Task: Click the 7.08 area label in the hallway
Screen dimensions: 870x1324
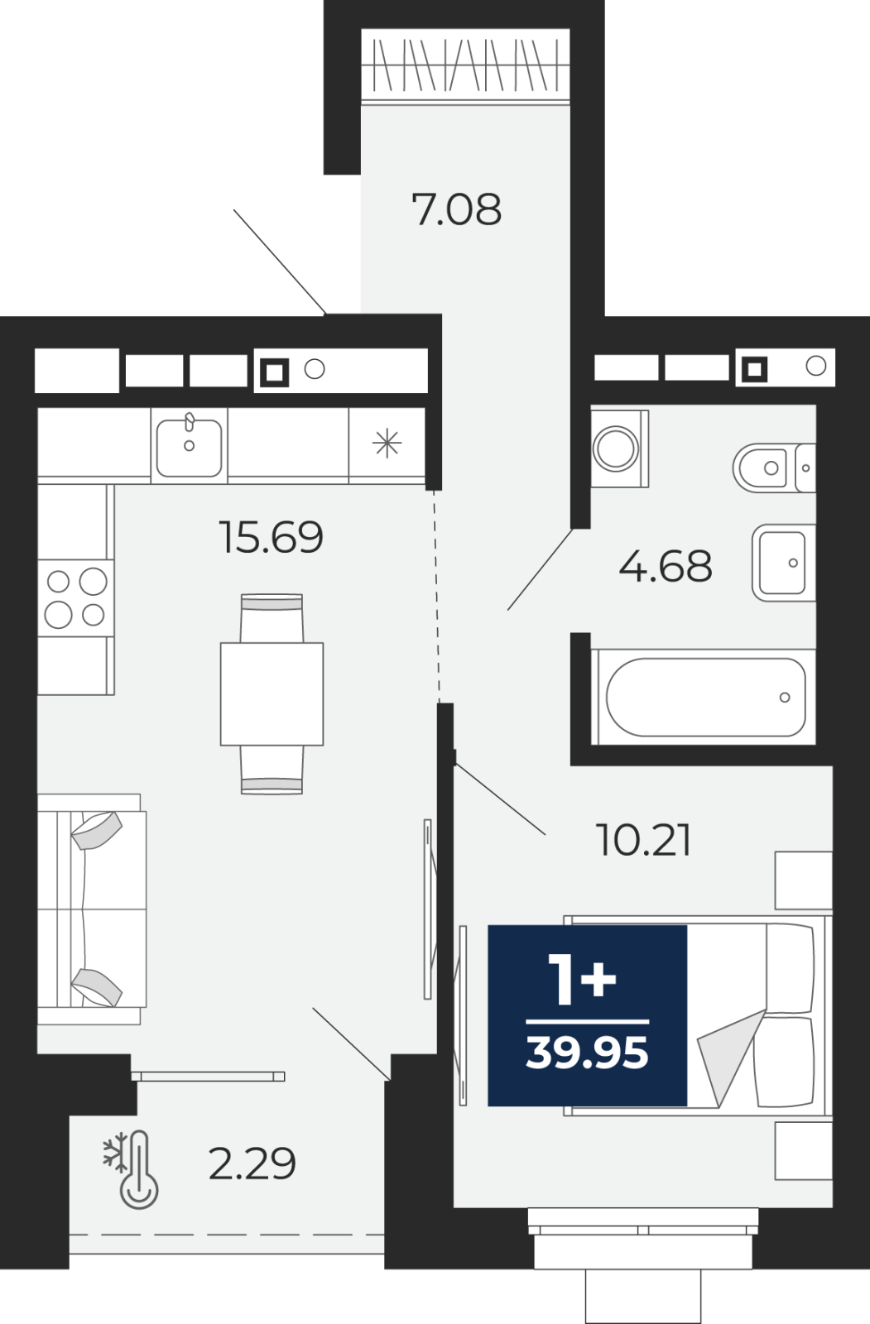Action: click(457, 209)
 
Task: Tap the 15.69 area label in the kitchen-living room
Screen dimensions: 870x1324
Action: click(271, 537)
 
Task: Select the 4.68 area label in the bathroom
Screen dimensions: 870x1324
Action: click(666, 566)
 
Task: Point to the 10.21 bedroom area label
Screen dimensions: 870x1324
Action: click(643, 841)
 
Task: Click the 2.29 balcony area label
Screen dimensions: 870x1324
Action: click(252, 1163)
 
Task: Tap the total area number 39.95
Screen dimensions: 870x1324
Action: click(587, 1053)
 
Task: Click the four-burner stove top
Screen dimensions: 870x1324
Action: click(75, 598)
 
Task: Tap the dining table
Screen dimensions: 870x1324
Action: click(272, 694)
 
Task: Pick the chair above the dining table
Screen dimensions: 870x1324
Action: click(272, 618)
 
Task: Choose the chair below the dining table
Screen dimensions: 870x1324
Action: click(272, 770)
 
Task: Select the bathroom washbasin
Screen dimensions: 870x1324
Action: click(784, 563)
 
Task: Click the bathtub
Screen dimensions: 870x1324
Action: click(704, 697)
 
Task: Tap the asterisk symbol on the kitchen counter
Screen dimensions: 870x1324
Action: click(387, 444)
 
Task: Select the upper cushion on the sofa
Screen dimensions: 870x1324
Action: click(96, 830)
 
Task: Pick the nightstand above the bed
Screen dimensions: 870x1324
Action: click(804, 880)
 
